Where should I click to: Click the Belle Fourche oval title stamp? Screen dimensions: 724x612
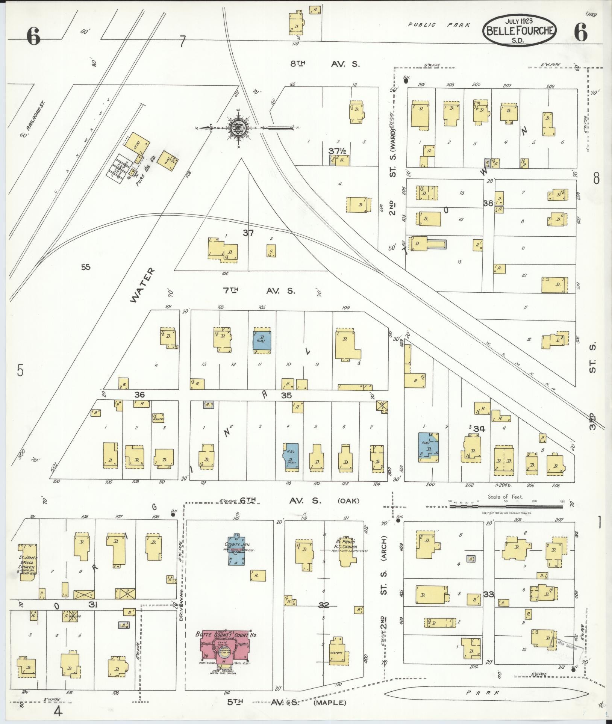(x=521, y=30)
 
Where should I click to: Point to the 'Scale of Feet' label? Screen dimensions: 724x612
(x=506, y=496)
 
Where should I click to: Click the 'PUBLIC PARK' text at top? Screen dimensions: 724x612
(x=439, y=25)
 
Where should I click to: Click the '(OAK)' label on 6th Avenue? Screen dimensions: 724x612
(x=348, y=501)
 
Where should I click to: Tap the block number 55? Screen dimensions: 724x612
(x=86, y=267)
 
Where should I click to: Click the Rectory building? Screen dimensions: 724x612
(x=338, y=652)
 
